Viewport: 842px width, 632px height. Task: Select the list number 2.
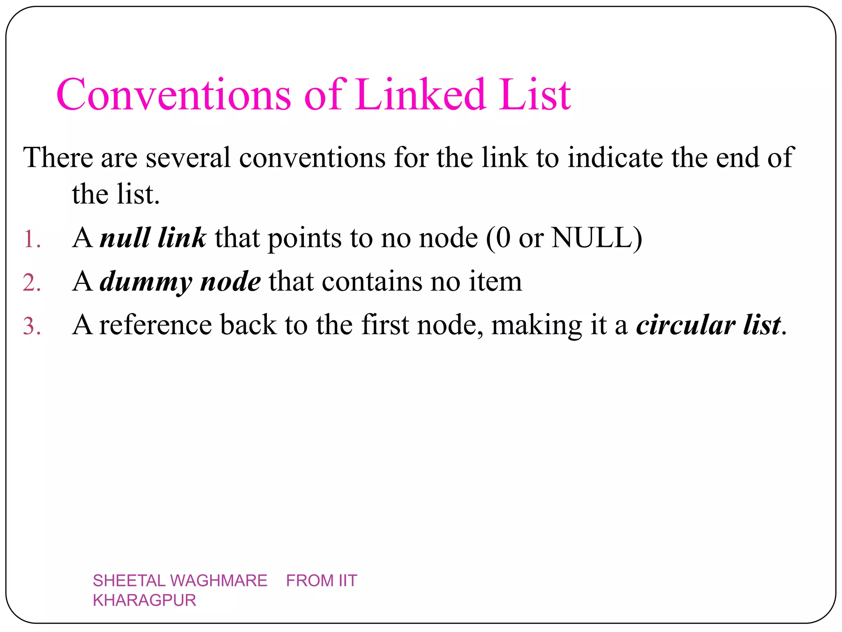click(x=31, y=283)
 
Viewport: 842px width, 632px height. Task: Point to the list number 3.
click(x=31, y=326)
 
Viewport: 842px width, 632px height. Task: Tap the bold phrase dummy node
click(x=180, y=282)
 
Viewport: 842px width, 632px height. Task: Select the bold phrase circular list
click(x=708, y=325)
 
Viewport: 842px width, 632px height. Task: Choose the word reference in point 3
click(x=155, y=325)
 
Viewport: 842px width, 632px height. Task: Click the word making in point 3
click(x=537, y=325)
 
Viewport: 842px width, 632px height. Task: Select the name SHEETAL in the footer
click(x=129, y=581)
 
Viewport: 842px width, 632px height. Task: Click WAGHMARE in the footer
click(x=218, y=581)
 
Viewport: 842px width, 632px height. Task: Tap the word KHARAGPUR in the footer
click(x=144, y=600)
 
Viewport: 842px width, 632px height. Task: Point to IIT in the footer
click(x=348, y=581)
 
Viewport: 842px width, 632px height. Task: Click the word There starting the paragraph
click(x=58, y=158)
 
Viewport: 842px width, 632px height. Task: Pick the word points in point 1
click(x=304, y=239)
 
